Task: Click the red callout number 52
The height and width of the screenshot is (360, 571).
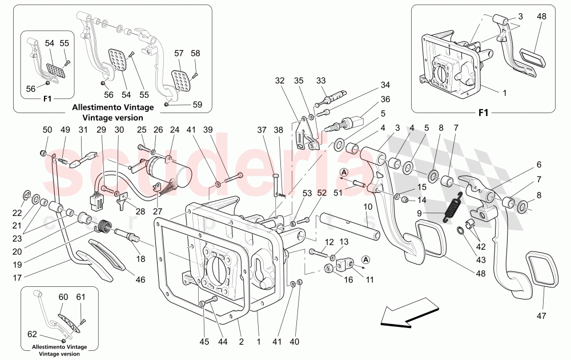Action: [321, 193]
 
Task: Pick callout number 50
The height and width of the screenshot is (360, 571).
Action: [47, 129]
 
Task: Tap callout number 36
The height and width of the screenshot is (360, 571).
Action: [385, 99]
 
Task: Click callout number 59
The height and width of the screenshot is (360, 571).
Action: [197, 105]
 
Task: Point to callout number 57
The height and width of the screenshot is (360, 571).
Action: [179, 53]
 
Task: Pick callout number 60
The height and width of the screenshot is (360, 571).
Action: [63, 297]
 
